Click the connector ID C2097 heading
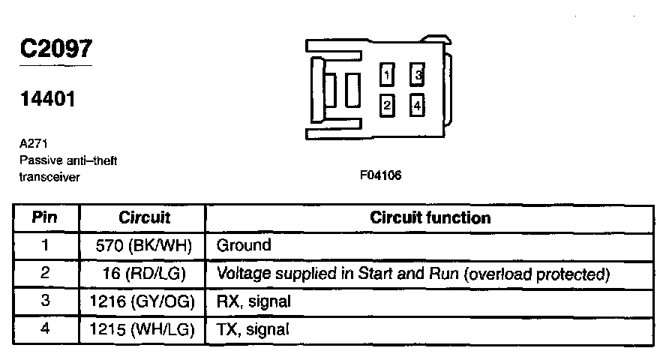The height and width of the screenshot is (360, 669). [56, 49]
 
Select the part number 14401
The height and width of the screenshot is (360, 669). [48, 99]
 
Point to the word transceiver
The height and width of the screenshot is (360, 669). [49, 177]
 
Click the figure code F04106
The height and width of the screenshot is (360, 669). [381, 176]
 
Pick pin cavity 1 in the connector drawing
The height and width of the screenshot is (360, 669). [386, 75]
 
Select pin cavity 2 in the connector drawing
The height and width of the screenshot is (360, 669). [386, 106]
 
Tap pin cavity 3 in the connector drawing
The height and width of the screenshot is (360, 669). [418, 75]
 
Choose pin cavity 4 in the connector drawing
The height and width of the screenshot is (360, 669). [418, 106]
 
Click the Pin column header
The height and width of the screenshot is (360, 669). [45, 218]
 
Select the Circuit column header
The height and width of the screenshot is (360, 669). [144, 218]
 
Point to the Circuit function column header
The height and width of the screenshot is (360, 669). [430, 218]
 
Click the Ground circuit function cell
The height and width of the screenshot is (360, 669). [243, 245]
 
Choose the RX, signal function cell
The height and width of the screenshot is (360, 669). [253, 301]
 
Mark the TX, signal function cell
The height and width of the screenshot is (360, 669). [253, 329]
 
